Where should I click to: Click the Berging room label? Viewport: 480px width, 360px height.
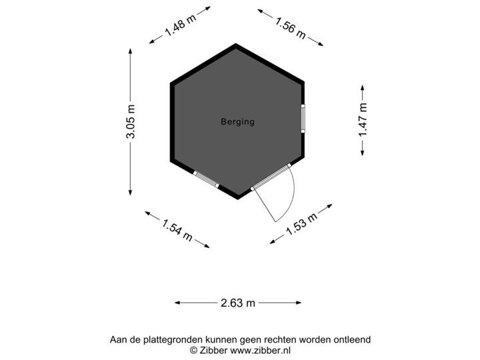[x=237, y=122]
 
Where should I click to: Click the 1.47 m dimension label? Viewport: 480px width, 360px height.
[x=362, y=120]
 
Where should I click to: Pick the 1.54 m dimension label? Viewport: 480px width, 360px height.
[x=177, y=228]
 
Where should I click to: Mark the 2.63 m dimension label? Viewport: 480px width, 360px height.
[x=238, y=303]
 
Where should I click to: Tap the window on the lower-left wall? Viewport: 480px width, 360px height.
[x=205, y=179]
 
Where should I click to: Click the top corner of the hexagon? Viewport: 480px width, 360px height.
[x=236, y=45]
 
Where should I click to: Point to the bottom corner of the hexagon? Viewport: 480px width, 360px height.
[x=238, y=197]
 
